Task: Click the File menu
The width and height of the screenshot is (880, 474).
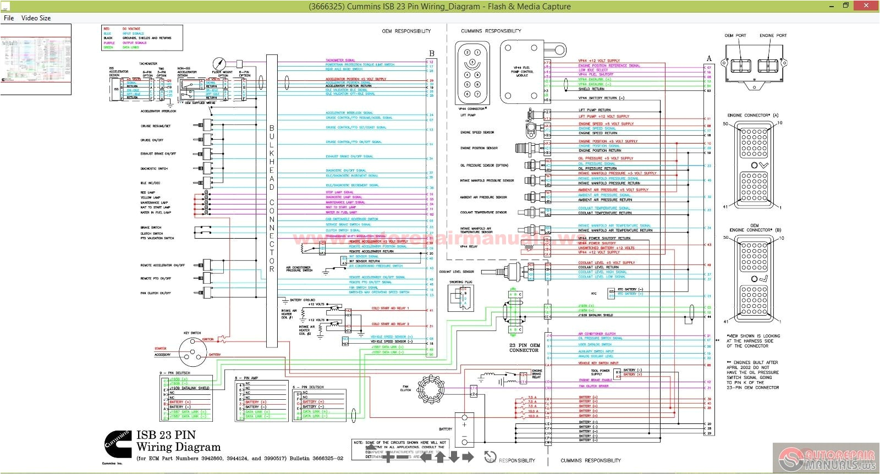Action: (9, 18)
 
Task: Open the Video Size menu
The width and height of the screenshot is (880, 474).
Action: (36, 18)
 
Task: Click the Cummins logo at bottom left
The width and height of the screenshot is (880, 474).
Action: (117, 443)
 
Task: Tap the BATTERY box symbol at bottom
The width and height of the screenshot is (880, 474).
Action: (464, 429)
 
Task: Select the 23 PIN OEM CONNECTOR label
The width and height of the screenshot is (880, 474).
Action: (524, 348)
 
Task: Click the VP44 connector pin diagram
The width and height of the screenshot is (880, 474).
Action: (472, 73)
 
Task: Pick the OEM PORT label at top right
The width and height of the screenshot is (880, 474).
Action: (735, 35)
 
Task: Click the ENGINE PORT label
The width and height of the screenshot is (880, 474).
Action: (773, 35)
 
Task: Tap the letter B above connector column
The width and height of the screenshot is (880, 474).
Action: (432, 54)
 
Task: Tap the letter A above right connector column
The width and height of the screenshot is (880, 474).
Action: (709, 58)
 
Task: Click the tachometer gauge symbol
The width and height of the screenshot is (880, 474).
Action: (220, 63)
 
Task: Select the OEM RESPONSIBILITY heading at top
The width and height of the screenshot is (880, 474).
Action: (406, 31)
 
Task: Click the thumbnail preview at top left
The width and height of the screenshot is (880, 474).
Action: (36, 59)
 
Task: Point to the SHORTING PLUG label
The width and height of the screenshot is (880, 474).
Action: (460, 282)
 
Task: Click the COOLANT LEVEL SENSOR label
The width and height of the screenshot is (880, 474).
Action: (457, 272)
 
